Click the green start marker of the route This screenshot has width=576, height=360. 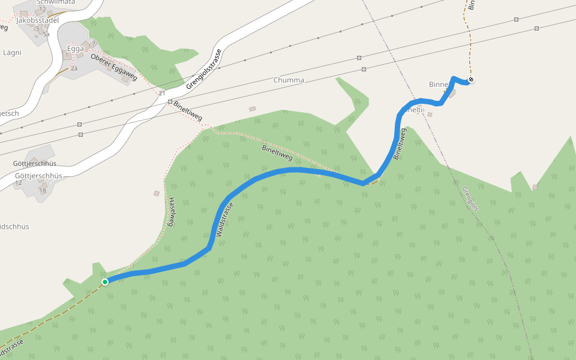click(x=105, y=281)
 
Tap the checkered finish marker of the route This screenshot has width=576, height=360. click(x=472, y=80)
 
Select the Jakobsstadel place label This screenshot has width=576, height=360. click(x=38, y=20)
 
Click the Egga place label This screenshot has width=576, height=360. click(x=76, y=49)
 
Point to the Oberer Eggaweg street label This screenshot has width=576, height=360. click(x=114, y=67)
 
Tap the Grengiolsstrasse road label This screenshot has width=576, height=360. click(x=204, y=69)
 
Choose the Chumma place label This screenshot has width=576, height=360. click(x=289, y=80)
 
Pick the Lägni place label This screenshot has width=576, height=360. click(x=12, y=52)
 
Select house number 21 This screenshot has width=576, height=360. click(x=162, y=93)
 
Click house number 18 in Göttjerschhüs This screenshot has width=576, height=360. click(x=43, y=191)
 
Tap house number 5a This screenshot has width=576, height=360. click(x=46, y=34)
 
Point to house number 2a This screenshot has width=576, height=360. click(x=74, y=68)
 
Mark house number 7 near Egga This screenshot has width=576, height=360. click(x=94, y=44)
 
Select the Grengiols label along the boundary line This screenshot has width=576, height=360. click(x=471, y=199)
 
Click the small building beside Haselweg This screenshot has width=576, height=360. click(x=157, y=193)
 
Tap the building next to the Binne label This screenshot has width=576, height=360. click(x=452, y=93)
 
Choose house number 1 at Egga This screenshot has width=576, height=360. click(x=66, y=56)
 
